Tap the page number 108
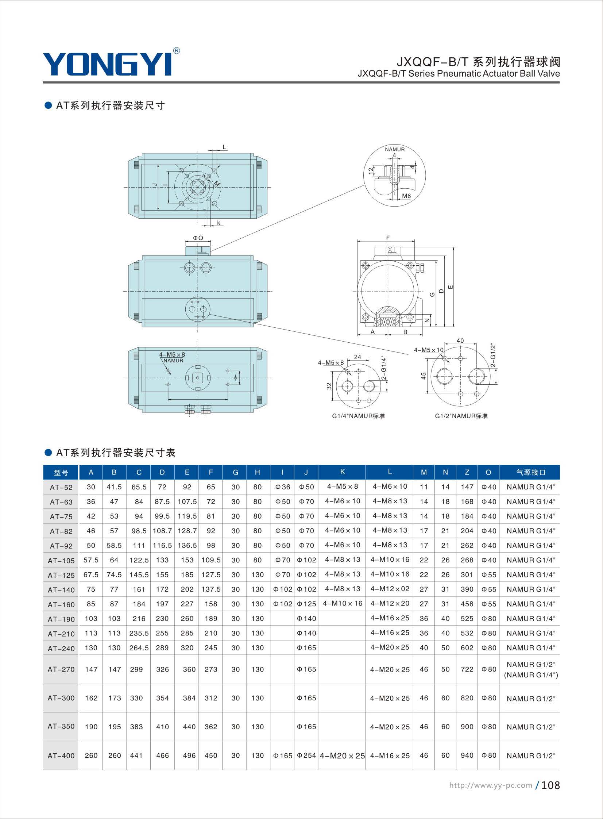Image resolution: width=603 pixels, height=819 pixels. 550,785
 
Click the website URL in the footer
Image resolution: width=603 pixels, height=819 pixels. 491,785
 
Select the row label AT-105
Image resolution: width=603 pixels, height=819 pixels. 61,561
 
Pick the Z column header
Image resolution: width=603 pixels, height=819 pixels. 467,472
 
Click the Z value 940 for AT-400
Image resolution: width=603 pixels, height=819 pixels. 467,755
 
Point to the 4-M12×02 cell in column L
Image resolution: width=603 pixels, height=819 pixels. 390,589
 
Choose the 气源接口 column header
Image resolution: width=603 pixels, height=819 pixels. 531,472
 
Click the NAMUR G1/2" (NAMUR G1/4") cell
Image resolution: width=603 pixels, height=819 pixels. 531,670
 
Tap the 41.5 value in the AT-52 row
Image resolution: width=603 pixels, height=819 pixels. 114,487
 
